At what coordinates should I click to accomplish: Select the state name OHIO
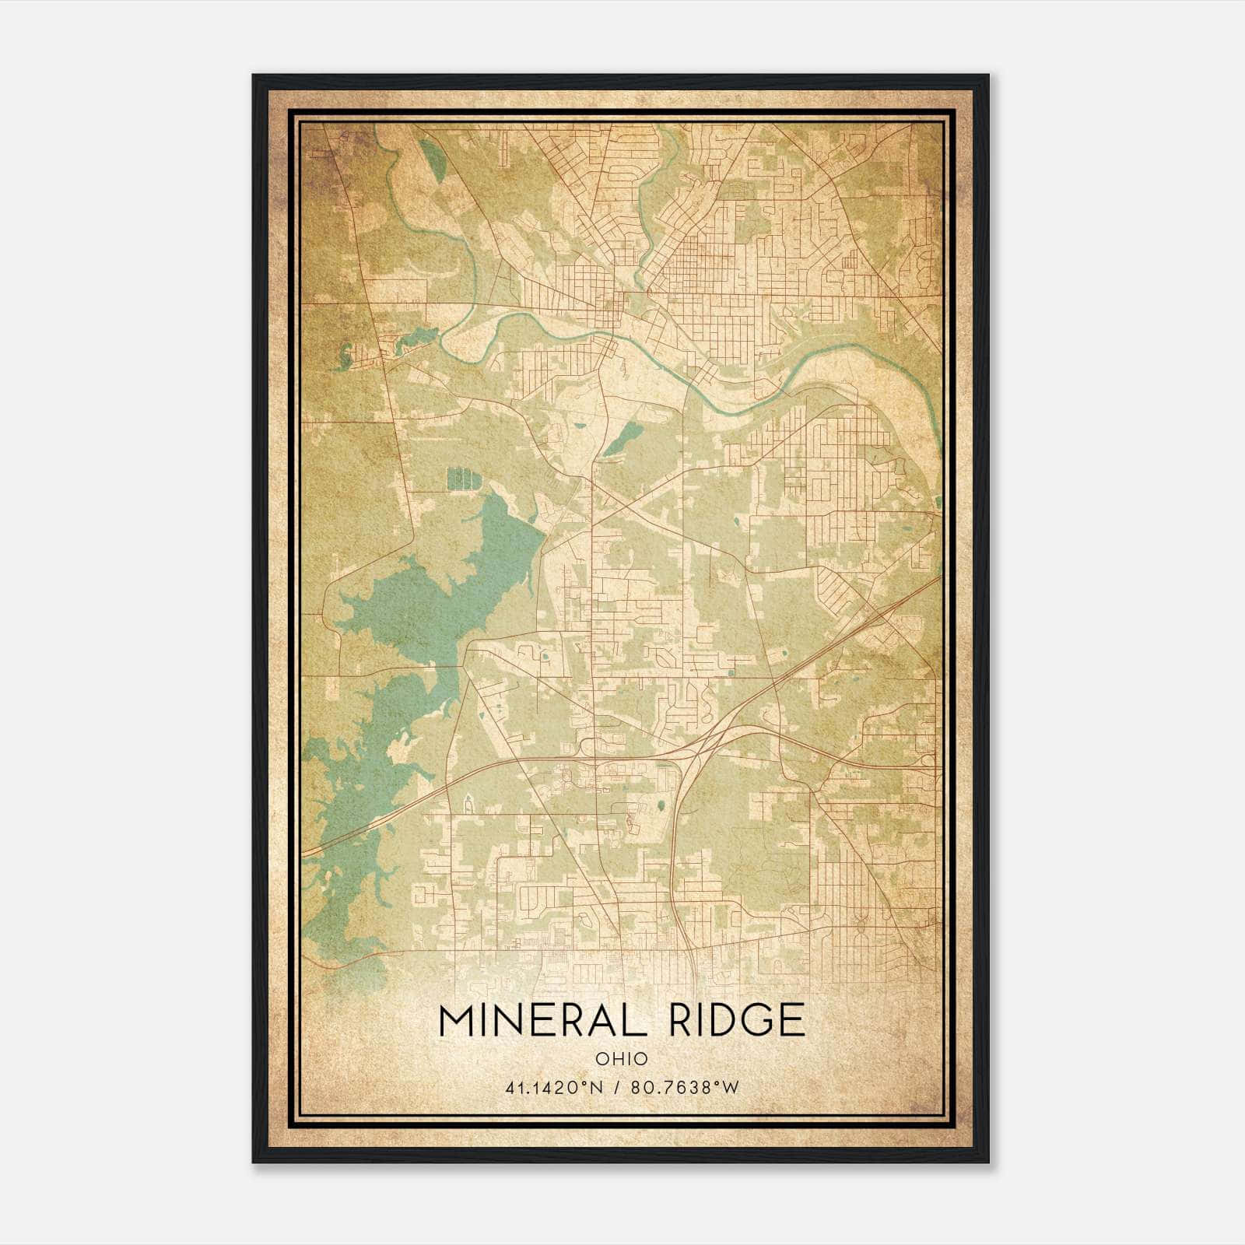coord(622,1058)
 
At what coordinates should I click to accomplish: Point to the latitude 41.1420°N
coord(553,1088)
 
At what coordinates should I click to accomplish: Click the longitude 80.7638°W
coord(685,1088)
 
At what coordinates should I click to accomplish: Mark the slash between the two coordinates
coord(617,1088)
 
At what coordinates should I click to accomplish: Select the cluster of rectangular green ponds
coord(461,479)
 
